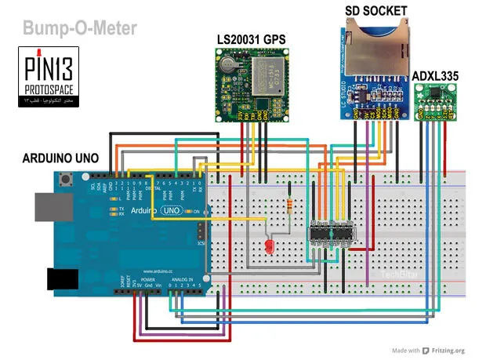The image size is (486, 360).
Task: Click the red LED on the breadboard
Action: point(270,249)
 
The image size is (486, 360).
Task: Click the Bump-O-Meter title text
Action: point(80,29)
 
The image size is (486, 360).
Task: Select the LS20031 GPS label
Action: point(252,38)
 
